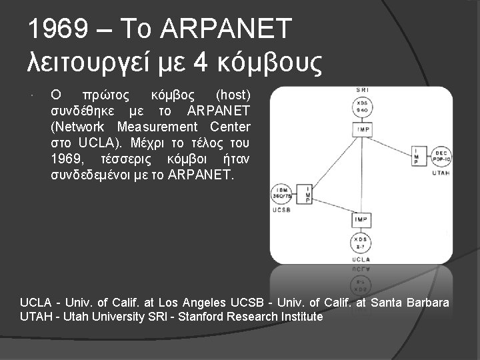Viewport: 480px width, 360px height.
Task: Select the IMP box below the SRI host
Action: coord(363,129)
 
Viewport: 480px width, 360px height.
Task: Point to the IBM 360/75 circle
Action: coord(281,194)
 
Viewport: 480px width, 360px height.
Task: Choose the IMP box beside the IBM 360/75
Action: coord(305,194)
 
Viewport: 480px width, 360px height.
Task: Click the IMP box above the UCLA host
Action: coord(361,219)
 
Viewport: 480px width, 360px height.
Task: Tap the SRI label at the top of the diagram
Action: coord(363,89)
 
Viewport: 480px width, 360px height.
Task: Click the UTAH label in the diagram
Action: coord(441,173)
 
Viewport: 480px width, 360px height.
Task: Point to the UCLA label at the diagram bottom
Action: coord(361,259)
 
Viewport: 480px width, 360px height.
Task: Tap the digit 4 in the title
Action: coord(200,63)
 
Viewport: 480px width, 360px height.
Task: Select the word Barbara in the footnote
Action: coord(425,303)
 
